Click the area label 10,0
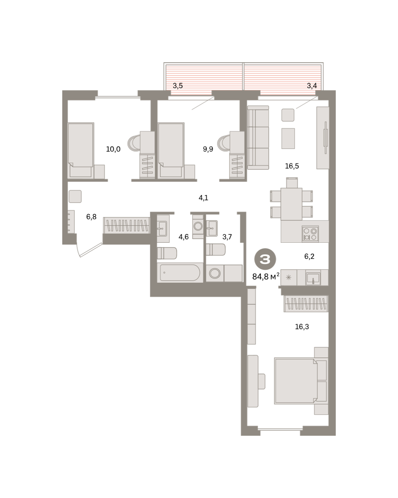(113, 149)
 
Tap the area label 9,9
(208, 149)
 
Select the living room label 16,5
(292, 166)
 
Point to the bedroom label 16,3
(302, 327)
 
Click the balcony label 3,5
(178, 86)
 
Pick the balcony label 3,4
(312, 86)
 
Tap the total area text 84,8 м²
(266, 276)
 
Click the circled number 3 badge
(265, 259)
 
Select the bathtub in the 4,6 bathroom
(180, 273)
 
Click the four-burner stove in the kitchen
(310, 234)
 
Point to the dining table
(291, 204)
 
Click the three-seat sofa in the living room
(258, 137)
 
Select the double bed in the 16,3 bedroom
(301, 381)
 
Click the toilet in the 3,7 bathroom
(216, 249)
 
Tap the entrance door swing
(90, 250)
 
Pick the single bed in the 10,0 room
(81, 151)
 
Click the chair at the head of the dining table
(292, 183)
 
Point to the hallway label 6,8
(91, 217)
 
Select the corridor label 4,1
(203, 198)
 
